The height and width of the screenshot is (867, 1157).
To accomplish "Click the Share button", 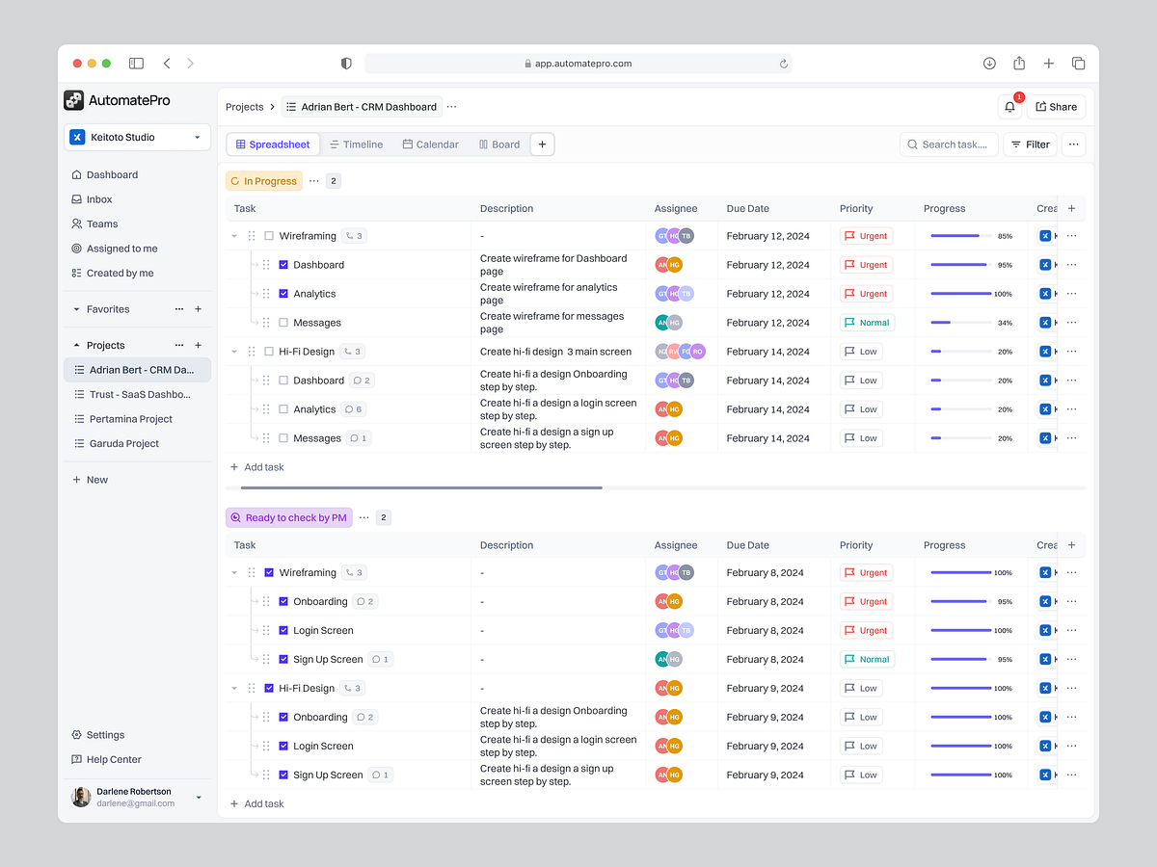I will pos(1056,107).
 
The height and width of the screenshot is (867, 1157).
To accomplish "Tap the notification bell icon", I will pos(1009,107).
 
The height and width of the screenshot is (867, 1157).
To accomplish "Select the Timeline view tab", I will pos(356,144).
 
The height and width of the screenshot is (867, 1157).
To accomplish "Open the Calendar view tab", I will pos(430,144).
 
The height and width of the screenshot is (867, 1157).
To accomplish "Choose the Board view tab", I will pos(498,144).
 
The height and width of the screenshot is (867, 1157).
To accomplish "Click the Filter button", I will pos(1030,144).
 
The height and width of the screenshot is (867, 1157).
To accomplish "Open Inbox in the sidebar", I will pos(99,199).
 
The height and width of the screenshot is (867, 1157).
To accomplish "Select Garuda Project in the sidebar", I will pos(123,443).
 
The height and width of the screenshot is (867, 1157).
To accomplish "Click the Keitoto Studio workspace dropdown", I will pos(137,137).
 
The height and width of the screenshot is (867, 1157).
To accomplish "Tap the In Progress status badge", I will pos(263,181).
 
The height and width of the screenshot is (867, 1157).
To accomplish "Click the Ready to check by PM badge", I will pos(288,517).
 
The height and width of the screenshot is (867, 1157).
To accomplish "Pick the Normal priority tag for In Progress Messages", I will pos(867,323).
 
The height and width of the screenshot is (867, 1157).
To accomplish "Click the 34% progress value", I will pos(1005,323).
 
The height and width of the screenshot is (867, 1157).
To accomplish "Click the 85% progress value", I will pos(1005,236).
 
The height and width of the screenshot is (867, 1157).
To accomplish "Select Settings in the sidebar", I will pos(105,735).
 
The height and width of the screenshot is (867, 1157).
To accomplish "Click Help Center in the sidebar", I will pos(113,759).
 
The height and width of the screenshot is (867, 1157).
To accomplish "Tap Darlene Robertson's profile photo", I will pos(81,797).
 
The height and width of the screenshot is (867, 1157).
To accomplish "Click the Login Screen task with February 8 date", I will pos(323,630).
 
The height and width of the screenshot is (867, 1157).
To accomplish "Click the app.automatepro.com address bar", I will pos(578,64).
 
